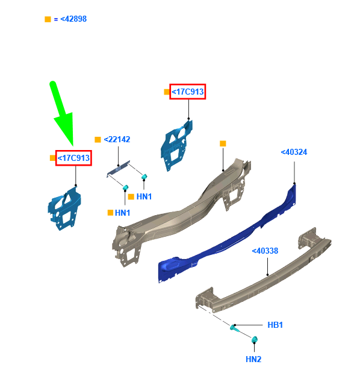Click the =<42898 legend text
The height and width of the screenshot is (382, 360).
pos(70,19)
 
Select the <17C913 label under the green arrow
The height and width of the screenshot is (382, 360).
pos(73,158)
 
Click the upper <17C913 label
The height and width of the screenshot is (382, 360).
pos(188,92)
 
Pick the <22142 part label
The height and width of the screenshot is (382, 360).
pos(117,139)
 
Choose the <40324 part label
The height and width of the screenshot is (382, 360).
pos(294,152)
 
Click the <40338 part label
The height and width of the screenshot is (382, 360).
pos(265,251)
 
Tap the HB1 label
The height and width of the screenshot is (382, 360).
pos(275,325)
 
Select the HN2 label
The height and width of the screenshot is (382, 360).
pos(253,360)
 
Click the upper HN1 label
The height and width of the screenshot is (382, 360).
pos(144,196)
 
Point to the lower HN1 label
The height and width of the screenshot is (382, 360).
pos(123,213)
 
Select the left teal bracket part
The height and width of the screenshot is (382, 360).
pos(64,208)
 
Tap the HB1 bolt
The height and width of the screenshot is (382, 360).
pos(235,329)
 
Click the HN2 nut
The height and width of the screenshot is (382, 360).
pos(255,340)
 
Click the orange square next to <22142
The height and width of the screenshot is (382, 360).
pos(98,139)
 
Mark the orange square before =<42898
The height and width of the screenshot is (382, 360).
pos(48,19)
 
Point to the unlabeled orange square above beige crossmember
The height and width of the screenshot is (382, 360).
pos(223,143)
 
